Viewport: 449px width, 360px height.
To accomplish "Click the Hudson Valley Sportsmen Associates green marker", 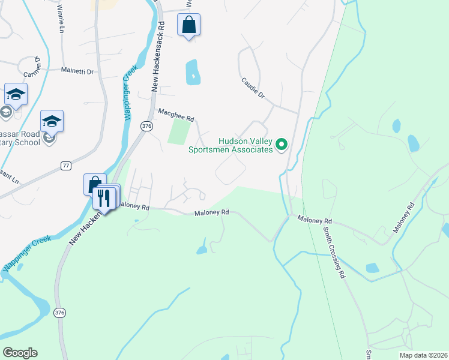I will (x=281, y=144).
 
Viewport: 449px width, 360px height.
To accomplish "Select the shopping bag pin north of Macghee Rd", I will (x=188, y=25).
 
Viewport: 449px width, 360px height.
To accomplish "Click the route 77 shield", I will (x=66, y=165).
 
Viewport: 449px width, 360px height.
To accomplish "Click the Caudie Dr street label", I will (x=253, y=88).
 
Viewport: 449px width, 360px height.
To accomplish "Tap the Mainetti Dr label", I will (x=78, y=71).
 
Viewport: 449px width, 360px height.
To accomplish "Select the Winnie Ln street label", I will (x=61, y=20).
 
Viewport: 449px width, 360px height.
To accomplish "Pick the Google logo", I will (x=20, y=353).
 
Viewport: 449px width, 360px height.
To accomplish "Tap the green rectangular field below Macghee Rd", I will (x=179, y=131).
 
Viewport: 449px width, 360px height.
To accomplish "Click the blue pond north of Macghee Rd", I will (x=192, y=72).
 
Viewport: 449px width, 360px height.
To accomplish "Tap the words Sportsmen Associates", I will (x=231, y=149).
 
